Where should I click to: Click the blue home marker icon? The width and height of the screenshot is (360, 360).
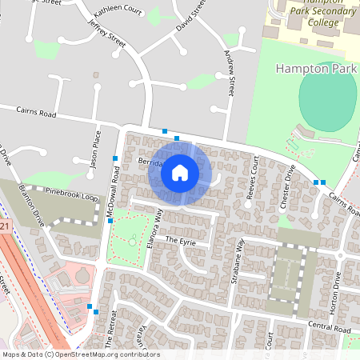click(180, 172)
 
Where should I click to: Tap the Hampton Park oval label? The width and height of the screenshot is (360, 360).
click(319, 70)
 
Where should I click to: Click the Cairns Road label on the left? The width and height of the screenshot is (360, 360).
click(37, 115)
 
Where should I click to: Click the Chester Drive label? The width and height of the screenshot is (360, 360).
click(287, 186)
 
